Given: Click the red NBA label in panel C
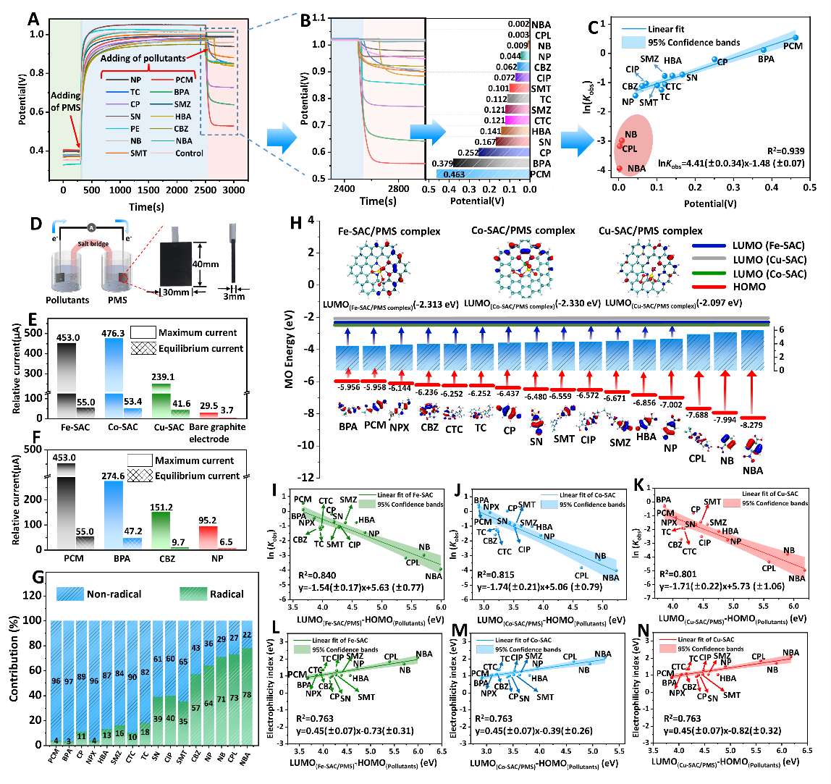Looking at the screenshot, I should [x=636, y=169].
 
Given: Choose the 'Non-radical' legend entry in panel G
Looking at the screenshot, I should [x=115, y=594].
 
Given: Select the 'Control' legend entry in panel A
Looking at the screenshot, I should [x=189, y=153].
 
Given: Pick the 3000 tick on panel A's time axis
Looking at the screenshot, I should [x=233, y=189].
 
